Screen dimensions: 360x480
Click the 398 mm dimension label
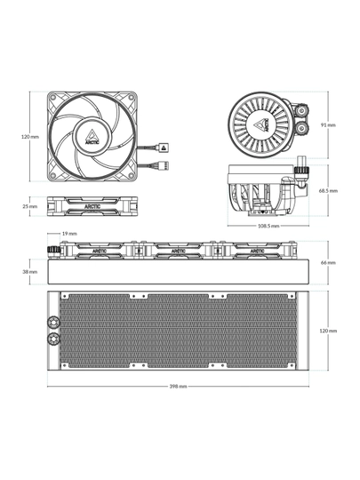178,387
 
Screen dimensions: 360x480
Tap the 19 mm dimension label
69,234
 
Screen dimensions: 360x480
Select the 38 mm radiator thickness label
30,272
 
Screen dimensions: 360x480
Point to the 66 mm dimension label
328,262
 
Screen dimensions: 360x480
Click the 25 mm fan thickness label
30,206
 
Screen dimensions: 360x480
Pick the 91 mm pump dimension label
328,125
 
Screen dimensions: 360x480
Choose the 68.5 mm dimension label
328,191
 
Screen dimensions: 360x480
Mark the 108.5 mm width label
268,226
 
